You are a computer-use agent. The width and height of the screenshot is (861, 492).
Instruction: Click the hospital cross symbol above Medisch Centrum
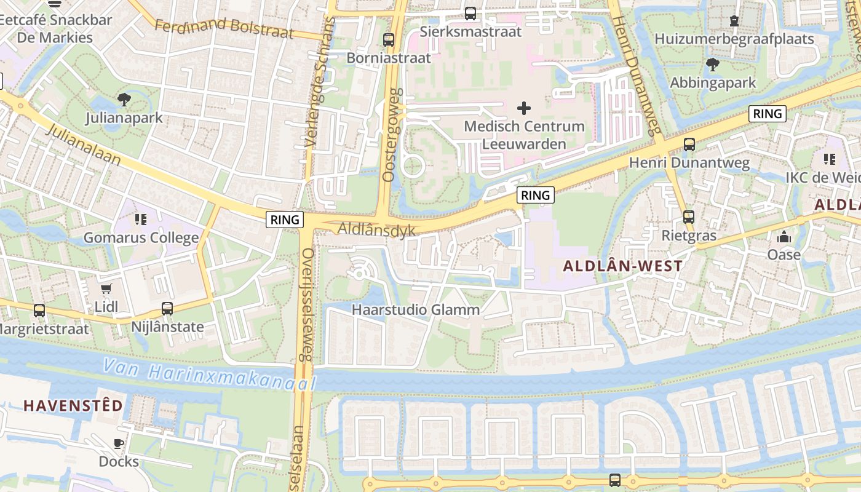524,109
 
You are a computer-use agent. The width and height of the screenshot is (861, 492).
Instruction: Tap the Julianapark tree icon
124,99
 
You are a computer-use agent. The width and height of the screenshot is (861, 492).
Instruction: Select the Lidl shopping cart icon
106,288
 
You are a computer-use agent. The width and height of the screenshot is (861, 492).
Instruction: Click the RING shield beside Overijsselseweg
285,220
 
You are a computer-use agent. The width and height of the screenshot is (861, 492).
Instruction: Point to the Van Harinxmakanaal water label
209,375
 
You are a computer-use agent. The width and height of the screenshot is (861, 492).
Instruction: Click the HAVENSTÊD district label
73,405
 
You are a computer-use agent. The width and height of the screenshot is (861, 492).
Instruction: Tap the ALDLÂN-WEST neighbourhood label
623,266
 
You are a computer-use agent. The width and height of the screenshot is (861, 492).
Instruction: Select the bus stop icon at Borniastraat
389,40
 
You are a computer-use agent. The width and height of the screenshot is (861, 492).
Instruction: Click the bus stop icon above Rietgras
689,217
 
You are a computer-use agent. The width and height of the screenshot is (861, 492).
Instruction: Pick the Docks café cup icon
119,443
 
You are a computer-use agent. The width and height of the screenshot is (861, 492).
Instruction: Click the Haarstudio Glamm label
416,310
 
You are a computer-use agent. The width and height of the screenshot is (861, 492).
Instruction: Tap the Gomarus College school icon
141,219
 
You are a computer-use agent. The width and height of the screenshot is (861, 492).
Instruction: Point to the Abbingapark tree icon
713,64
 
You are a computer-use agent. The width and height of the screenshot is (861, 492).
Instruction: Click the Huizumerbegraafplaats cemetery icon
734,21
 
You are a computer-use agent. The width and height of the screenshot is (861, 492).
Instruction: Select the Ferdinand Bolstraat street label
224,27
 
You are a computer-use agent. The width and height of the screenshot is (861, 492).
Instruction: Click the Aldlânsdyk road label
376,230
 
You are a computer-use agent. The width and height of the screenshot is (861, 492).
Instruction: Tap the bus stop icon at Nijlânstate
167,309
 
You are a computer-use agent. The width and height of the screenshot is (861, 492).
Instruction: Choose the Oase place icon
784,237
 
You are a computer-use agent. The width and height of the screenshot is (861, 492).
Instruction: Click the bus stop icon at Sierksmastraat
470,13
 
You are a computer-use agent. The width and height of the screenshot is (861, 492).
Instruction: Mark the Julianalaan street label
83,144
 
